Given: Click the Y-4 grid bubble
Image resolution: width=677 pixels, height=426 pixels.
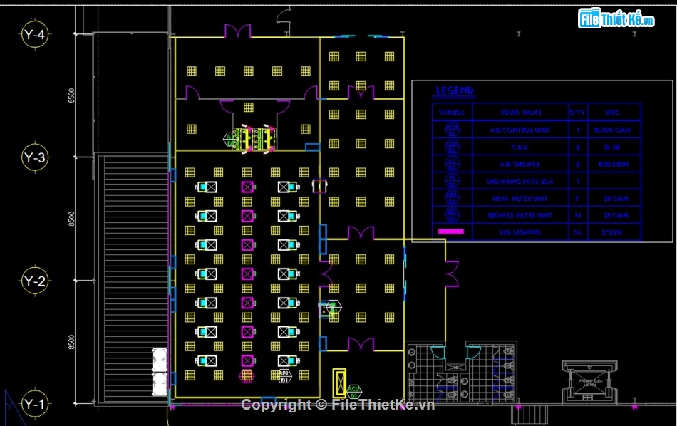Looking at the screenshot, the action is [34, 33].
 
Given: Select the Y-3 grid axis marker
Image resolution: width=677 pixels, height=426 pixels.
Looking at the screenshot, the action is [34, 157].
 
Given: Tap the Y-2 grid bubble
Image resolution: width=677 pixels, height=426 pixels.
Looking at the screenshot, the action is [34, 280].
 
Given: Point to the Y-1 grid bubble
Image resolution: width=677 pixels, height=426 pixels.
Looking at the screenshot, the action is [34, 404].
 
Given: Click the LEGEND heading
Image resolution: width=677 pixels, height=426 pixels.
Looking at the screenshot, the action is [454, 91].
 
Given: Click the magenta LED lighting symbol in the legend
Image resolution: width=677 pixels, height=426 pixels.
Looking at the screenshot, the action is [450, 232].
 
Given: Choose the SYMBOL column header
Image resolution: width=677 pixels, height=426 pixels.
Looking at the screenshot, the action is [452, 113].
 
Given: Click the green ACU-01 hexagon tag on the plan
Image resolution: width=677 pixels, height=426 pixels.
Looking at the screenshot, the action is [354, 389].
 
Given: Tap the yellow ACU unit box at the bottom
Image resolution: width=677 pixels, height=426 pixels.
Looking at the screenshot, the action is [340, 383].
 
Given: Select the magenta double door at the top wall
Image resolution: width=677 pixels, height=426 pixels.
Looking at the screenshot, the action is [237, 32].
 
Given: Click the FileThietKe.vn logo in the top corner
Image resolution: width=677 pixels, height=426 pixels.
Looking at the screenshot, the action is [616, 19].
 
